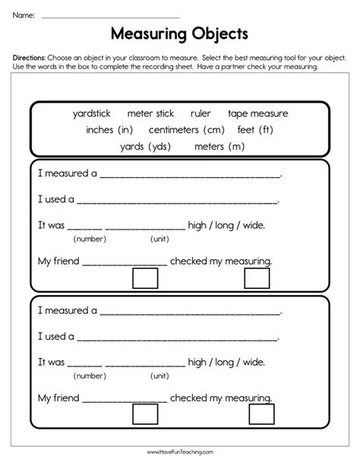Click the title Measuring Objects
(x=179, y=34)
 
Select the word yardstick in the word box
(x=92, y=113)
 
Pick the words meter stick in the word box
(x=150, y=113)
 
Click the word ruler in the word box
(x=201, y=113)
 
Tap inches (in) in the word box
(x=109, y=129)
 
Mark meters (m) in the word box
(x=219, y=146)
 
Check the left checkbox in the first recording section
(x=144, y=278)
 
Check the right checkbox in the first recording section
(x=257, y=278)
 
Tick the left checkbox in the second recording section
(x=144, y=414)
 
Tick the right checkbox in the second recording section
(x=261, y=414)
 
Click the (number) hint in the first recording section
(x=90, y=239)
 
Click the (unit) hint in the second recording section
(x=159, y=375)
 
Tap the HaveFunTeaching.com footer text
(x=179, y=452)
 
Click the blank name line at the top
(x=110, y=16)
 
